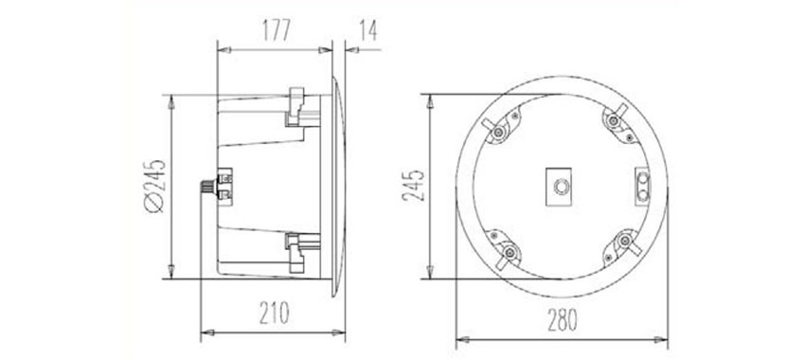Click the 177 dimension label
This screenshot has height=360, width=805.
(277, 30)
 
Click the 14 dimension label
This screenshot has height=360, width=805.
(368, 30)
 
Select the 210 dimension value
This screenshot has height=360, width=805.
(274, 314)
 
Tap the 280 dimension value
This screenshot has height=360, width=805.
(563, 320)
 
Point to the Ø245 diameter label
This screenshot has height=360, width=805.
(155, 186)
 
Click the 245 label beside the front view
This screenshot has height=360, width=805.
(414, 186)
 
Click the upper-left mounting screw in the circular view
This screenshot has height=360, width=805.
(498, 133)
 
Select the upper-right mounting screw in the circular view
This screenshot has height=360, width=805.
(614, 121)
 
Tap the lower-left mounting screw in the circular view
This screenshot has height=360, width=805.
(510, 252)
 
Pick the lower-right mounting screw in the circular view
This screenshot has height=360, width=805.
(625, 240)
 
